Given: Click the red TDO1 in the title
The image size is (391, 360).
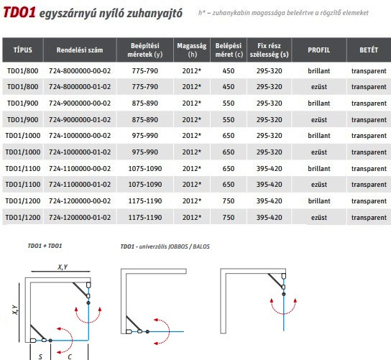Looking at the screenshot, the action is [x=19, y=12].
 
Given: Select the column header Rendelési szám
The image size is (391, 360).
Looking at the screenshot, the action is [x=80, y=50].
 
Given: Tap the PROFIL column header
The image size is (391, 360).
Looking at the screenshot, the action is [x=318, y=50].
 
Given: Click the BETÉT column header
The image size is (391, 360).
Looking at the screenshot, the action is [x=369, y=50].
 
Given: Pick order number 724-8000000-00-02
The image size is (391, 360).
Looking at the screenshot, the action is [x=80, y=71].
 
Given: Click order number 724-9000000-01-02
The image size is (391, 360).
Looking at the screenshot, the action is [x=80, y=120].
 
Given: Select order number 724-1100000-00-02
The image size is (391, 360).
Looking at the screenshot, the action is [x=80, y=169].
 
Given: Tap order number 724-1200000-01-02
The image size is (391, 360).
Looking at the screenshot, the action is [x=80, y=218].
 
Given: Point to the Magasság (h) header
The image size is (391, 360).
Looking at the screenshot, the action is [x=192, y=50].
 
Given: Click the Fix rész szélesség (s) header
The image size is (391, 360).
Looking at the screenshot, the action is [x=269, y=50].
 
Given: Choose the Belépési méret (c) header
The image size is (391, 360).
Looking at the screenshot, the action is [x=229, y=50].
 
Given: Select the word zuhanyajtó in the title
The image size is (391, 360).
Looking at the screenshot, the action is [x=155, y=14].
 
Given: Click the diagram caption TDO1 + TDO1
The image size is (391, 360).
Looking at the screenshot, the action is [x=45, y=246].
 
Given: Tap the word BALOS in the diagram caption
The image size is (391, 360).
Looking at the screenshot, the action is [x=201, y=246].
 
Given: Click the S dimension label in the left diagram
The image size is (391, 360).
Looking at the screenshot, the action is [x=40, y=356].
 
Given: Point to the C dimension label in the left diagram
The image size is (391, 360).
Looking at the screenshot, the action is [x=70, y=356].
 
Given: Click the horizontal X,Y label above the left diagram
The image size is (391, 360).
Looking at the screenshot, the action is [x=63, y=267].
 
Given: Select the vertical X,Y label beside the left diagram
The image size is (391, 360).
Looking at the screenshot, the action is [x=15, y=310].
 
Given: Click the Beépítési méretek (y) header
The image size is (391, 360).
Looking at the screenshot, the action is [x=145, y=50].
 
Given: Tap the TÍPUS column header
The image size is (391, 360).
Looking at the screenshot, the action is [x=23, y=50].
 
